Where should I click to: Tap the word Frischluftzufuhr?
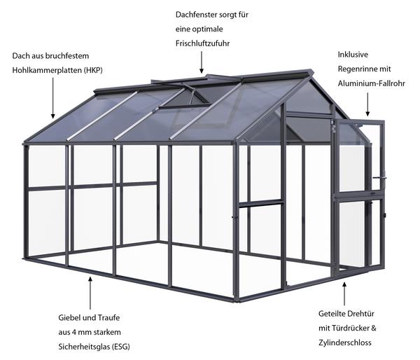click(202, 43)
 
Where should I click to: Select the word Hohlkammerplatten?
click(47, 71)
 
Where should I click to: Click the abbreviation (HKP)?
click(93, 71)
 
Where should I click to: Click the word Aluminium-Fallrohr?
click(371, 83)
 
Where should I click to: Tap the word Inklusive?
click(353, 55)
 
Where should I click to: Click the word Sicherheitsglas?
click(83, 347)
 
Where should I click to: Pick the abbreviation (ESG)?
click(120, 347)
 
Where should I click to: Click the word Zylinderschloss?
click(344, 342)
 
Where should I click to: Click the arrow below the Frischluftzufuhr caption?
click(202, 62)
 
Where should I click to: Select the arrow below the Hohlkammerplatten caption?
click(53, 98)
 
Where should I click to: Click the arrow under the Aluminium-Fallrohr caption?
click(367, 104)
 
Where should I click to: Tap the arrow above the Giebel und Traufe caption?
click(90, 293)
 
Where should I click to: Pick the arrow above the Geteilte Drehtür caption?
click(344, 293)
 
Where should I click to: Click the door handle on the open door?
click(380, 177)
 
